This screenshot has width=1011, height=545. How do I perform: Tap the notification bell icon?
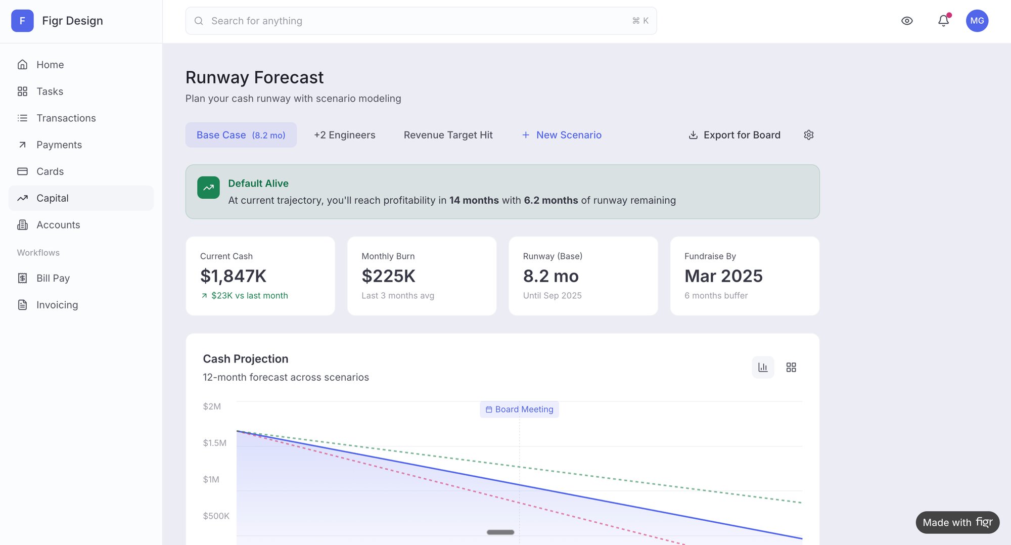[943, 21]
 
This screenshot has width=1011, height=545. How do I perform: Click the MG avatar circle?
[977, 21]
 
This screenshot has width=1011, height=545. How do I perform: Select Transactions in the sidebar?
[66, 118]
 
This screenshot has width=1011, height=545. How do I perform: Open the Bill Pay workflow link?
[53, 278]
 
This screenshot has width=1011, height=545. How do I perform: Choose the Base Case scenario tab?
[241, 135]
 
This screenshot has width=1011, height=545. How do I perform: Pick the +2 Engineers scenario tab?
[344, 135]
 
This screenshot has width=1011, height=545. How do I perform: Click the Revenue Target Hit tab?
[448, 135]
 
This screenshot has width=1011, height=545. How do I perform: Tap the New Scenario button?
[562, 135]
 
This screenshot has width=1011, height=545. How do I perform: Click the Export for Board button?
[734, 135]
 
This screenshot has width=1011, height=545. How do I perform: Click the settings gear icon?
[808, 135]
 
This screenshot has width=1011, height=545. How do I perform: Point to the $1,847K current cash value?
[233, 276]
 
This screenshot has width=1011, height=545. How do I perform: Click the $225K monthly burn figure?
[388, 276]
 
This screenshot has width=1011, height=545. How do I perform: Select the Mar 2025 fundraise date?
[723, 276]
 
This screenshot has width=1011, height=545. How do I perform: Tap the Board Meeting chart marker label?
[519, 410]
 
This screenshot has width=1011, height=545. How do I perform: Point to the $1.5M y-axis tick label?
[214, 443]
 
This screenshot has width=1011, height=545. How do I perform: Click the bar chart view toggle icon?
[763, 368]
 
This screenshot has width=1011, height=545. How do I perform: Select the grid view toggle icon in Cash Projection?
[791, 368]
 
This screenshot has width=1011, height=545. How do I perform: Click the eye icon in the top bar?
[907, 21]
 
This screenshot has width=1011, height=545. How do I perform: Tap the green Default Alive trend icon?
[208, 188]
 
